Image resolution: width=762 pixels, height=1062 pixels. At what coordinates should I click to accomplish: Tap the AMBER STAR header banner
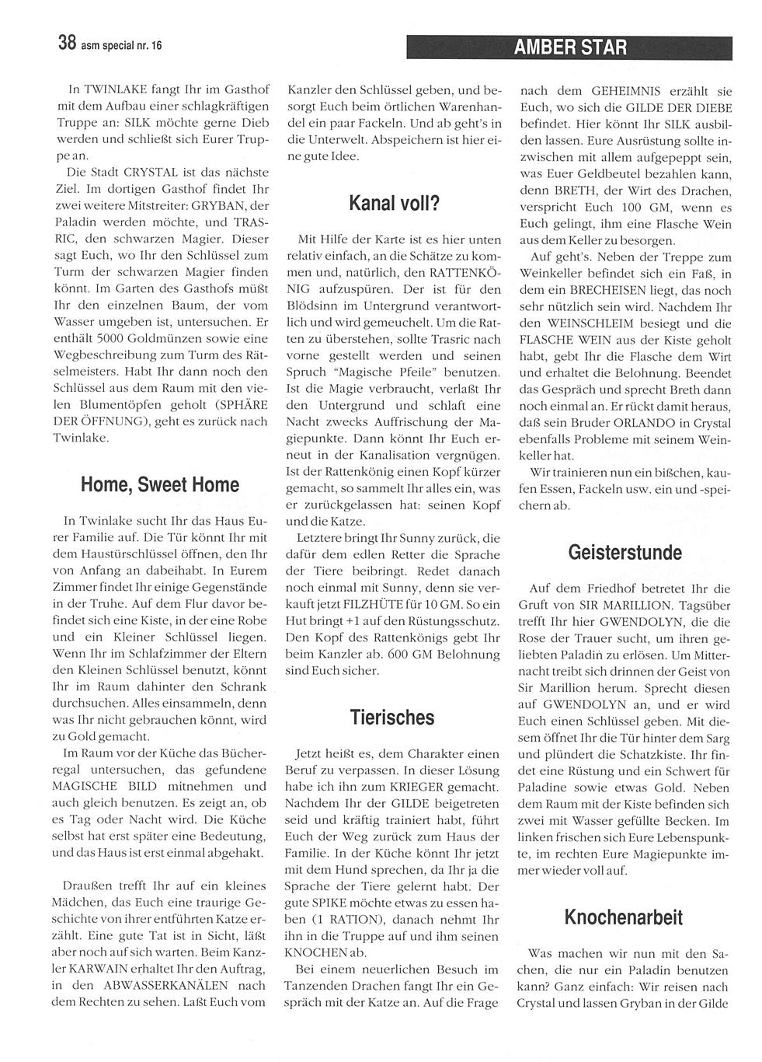(x=569, y=47)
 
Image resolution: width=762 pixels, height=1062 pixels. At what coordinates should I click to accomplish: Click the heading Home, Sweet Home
(x=160, y=485)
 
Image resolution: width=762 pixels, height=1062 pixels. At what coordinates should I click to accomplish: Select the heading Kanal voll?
(x=394, y=204)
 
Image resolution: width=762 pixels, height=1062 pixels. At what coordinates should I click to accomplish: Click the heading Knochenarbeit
(x=625, y=917)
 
